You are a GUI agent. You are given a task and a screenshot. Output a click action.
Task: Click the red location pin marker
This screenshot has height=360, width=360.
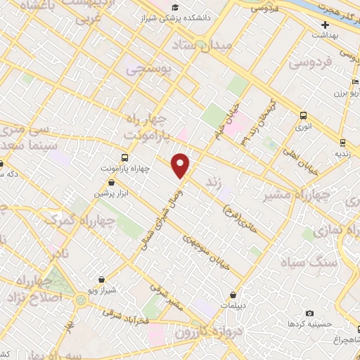pos(181,165)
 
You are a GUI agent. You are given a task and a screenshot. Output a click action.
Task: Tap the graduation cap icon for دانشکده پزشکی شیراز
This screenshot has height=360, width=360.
pos(174,8)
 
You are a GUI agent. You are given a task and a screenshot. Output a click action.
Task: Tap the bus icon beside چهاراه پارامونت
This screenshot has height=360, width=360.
pos(124,157)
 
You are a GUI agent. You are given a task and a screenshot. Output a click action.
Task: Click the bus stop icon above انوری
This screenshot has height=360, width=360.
pos(303,116)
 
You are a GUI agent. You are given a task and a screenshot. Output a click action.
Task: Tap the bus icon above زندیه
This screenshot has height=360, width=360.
pos(341,141)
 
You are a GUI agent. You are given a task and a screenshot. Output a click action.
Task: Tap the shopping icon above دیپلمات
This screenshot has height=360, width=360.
pos(243,295)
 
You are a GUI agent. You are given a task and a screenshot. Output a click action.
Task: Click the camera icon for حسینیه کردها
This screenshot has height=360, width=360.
pos(310,313)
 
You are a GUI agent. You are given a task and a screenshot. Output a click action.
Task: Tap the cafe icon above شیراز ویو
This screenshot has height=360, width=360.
pos(102,279)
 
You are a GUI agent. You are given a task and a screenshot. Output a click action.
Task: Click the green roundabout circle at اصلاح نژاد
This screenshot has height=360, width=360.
pos(82,301)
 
